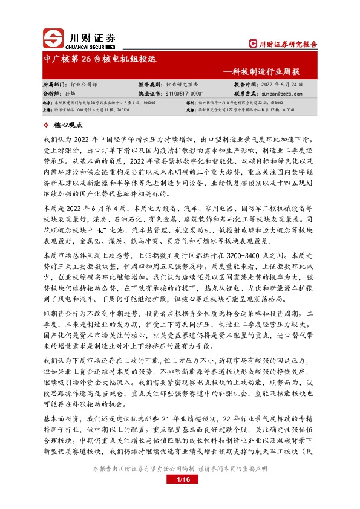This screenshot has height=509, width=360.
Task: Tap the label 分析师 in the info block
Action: [x=53, y=94]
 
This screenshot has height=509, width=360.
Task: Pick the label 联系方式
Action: [x=247, y=94]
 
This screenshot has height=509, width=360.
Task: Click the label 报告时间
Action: [x=247, y=85]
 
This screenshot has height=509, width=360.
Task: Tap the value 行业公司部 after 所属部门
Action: [x=84, y=85]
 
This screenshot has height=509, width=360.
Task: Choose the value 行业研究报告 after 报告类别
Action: [x=183, y=85]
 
